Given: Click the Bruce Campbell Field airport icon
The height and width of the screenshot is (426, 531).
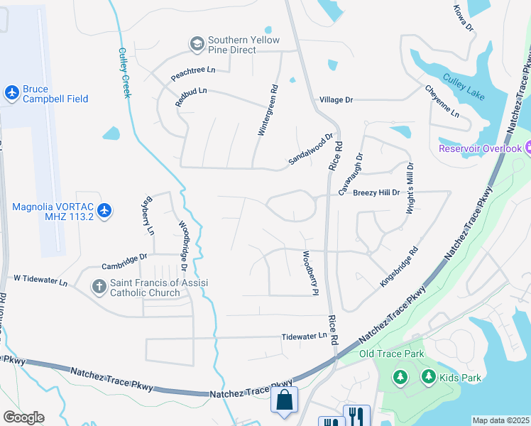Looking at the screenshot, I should pos(11,92).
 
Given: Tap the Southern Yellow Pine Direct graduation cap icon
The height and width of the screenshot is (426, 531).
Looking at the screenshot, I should pos(197,45).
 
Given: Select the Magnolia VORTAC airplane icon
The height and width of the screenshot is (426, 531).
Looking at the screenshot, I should pos(104,210).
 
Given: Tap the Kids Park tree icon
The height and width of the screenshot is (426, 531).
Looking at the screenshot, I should pos(428,376).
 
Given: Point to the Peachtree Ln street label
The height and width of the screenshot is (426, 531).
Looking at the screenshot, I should pos(192,70).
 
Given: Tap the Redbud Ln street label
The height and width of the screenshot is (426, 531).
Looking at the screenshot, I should pos(191,97).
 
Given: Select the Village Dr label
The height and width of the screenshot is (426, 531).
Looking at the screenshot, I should pos(336,100).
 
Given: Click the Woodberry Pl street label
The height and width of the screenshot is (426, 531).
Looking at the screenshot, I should pos(309,272).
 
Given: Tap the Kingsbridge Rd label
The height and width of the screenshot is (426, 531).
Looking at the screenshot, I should pos(399,267).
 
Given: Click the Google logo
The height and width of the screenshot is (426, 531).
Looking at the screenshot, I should pos(23,417).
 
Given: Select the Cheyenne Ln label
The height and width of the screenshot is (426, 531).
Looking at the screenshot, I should pos(442,102).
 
